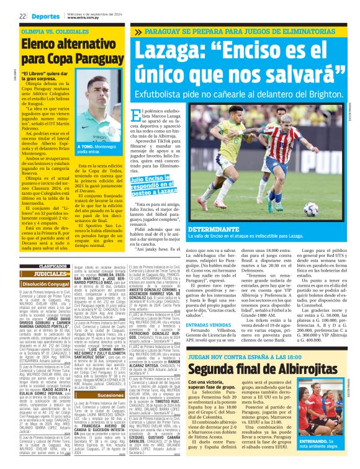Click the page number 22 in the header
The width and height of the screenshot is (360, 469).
click(22, 16)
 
